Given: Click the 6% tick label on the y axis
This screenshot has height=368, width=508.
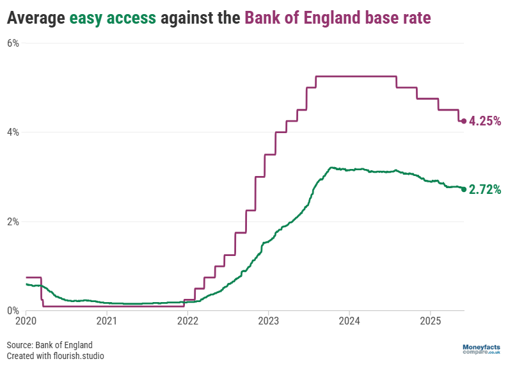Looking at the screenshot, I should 13,44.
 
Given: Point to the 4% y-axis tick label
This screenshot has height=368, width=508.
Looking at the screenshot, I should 13,132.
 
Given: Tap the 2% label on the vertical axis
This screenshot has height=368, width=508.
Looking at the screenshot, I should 13,222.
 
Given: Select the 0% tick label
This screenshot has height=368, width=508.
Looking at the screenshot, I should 13,311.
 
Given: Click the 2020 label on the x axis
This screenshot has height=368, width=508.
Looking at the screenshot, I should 26,319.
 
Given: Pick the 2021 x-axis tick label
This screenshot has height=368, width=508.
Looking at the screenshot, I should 106,319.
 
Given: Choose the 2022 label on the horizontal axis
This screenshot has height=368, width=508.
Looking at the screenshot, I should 187,319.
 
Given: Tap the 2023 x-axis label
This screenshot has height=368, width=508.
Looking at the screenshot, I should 268,319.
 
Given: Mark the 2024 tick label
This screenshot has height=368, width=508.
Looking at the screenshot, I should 349,319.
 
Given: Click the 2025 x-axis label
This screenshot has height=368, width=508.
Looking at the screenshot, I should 430,319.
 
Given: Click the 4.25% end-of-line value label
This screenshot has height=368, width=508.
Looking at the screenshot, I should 484,121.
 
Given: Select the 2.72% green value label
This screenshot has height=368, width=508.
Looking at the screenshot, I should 484,189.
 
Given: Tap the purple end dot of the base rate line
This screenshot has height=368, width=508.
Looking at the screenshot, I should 464,121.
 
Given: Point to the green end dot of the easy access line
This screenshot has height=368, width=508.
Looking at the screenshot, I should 464,189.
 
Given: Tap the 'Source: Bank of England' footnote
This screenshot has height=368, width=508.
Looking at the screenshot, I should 50,345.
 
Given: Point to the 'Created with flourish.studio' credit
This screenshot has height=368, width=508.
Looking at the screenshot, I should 55,356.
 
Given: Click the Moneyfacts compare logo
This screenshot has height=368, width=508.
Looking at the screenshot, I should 481,349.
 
